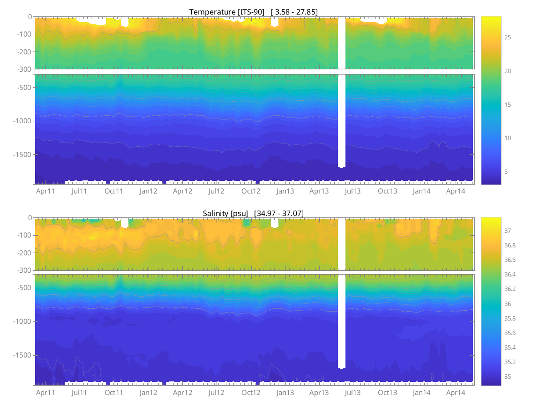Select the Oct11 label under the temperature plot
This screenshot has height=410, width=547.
[x=114, y=191]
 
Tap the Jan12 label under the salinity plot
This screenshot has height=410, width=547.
[x=148, y=393]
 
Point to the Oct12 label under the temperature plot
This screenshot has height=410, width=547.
[x=251, y=191]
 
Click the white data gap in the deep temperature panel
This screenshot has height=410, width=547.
[x=342, y=117]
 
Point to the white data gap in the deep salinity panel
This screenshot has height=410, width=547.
[x=342, y=319]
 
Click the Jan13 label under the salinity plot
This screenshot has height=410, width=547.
[x=285, y=393]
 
